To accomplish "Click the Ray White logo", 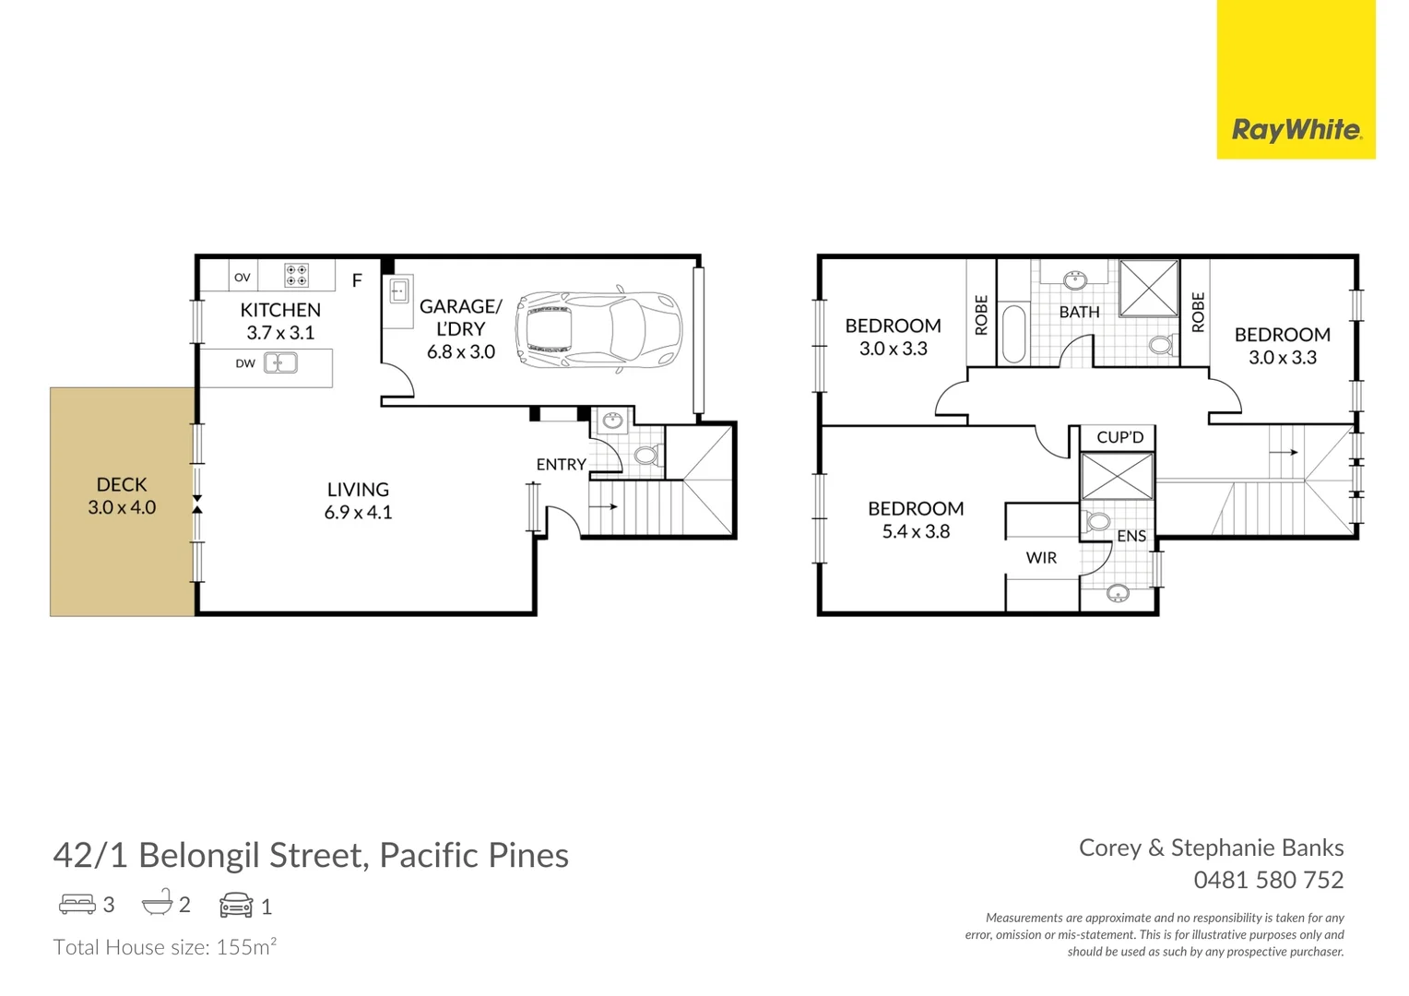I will [1296, 130].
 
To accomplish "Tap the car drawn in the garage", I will [598, 329].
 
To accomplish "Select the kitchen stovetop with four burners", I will [296, 275].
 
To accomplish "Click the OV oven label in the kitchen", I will [243, 277].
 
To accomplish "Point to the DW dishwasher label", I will [244, 363].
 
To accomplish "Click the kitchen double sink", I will [281, 363].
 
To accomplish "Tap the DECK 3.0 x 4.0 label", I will [122, 495].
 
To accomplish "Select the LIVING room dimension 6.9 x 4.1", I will [358, 513].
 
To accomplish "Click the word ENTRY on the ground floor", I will [561, 465].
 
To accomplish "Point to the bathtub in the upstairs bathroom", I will [1012, 334].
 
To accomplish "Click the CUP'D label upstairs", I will [1119, 437].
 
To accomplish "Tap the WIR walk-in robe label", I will [1041, 558].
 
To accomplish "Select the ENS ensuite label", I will [1131, 536].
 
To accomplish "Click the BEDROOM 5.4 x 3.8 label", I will [916, 519].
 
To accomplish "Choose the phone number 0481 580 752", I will [1268, 880].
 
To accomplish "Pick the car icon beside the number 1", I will [236, 905].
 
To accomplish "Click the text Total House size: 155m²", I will [165, 947].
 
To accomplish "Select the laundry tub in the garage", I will [399, 291].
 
